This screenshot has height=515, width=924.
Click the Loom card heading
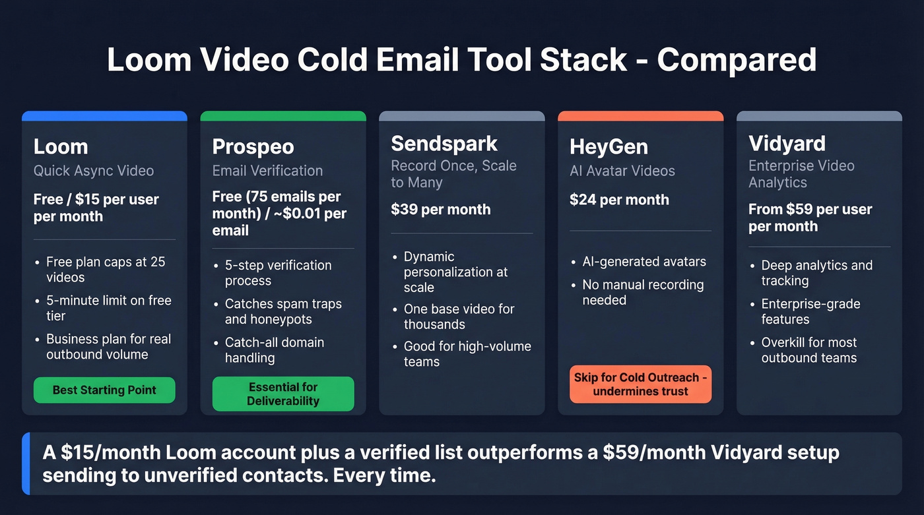(x=61, y=146)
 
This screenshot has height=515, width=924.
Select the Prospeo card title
(x=253, y=146)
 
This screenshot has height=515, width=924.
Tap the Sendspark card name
(x=444, y=143)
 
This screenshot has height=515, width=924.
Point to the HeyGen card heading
(x=609, y=146)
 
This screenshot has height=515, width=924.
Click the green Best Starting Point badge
(x=104, y=390)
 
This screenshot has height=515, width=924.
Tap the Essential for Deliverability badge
(x=283, y=394)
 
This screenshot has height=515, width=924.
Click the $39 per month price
(x=440, y=210)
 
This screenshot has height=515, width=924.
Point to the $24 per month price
(x=619, y=200)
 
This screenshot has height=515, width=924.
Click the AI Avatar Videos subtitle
(x=622, y=171)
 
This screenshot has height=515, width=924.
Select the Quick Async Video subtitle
(x=94, y=171)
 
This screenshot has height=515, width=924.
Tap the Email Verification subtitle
(x=267, y=171)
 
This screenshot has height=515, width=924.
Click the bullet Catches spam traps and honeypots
(x=283, y=311)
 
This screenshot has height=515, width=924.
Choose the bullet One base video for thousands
(x=459, y=317)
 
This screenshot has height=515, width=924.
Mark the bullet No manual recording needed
(x=642, y=292)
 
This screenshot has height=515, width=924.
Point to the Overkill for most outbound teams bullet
(x=808, y=350)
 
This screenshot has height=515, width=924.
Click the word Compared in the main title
(x=737, y=60)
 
